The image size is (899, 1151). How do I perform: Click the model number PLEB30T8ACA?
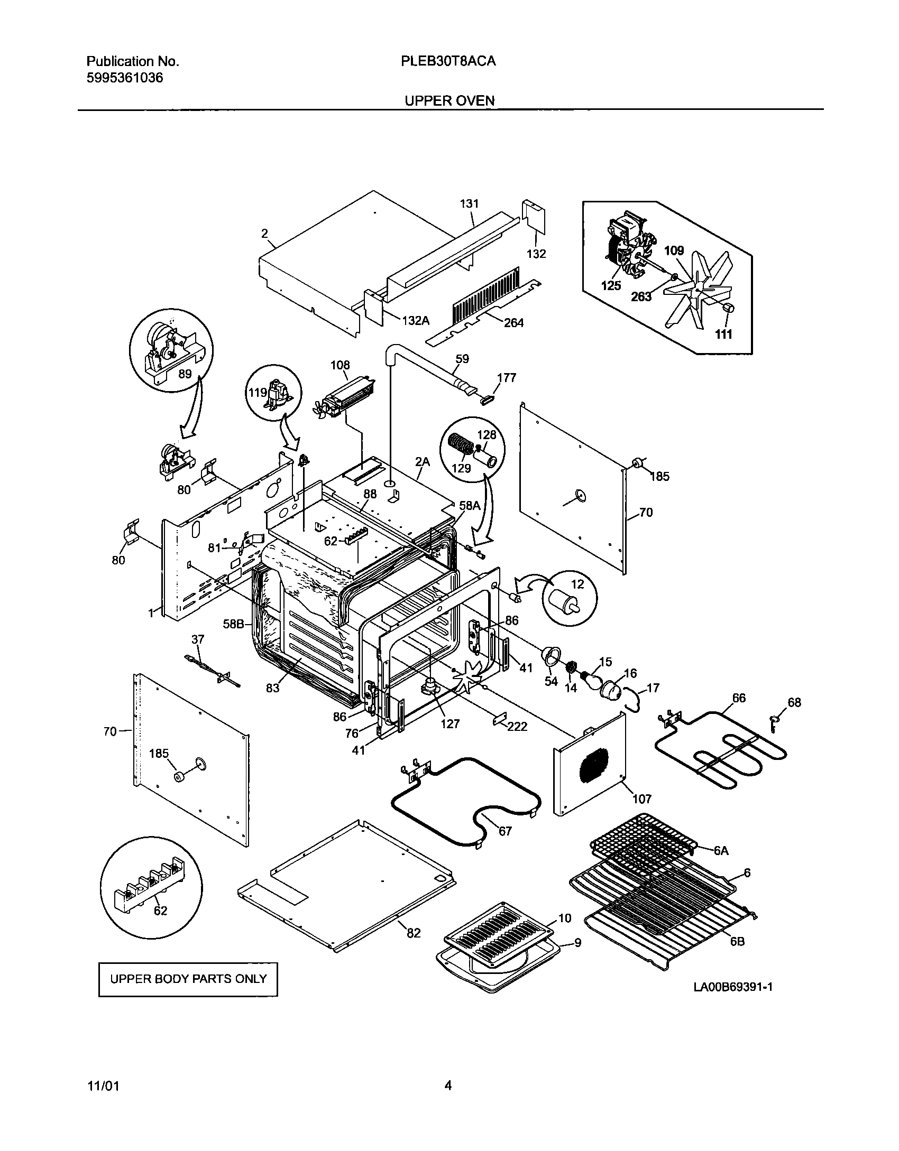point(448,61)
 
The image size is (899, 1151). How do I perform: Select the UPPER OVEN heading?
point(449,100)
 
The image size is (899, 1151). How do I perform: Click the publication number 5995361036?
point(124,78)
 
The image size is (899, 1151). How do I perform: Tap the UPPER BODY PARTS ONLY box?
point(188,979)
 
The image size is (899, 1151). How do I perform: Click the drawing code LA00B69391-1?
point(733,987)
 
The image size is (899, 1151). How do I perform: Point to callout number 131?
point(469,204)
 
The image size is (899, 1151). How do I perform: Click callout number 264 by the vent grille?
point(513,322)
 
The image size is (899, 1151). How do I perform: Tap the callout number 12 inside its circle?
point(577,584)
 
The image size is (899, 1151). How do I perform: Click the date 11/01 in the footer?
point(103,1086)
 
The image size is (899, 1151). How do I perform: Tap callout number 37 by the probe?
point(197,639)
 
